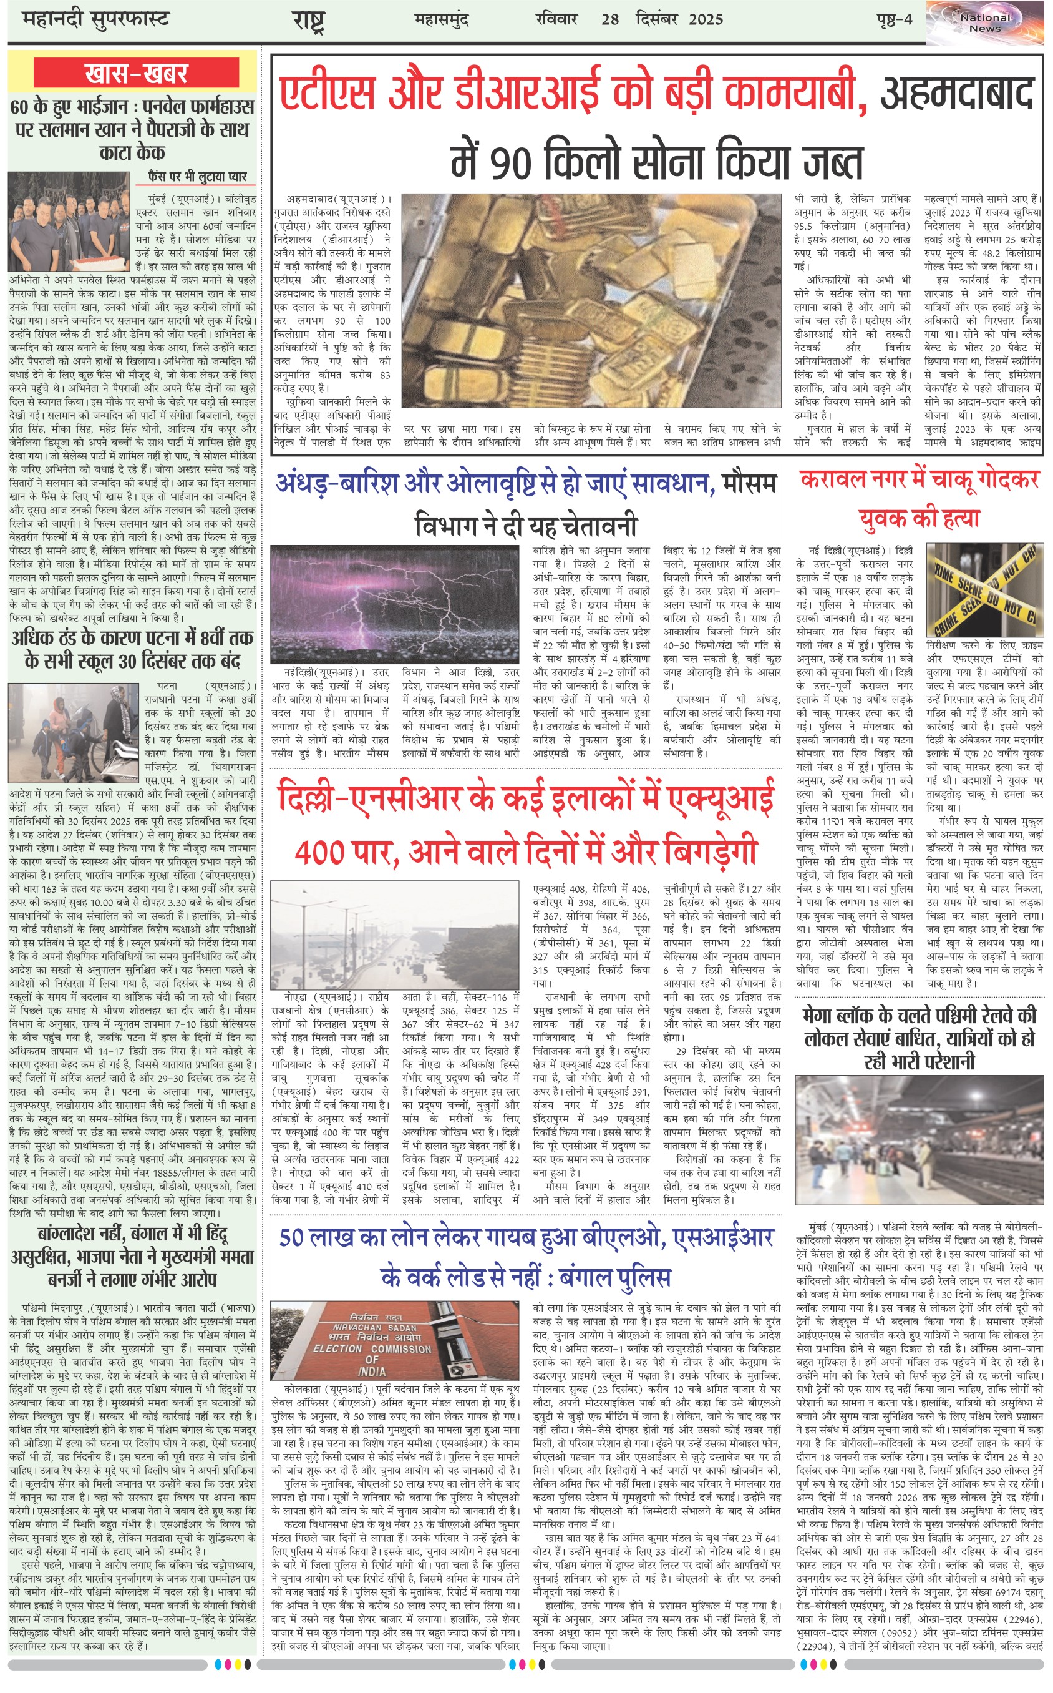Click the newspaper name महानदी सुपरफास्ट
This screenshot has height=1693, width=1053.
tap(95, 19)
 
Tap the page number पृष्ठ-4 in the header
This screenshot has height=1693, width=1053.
tap(894, 19)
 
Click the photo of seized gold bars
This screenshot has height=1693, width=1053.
tap(591, 300)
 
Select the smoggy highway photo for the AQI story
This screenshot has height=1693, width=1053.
tap(394, 935)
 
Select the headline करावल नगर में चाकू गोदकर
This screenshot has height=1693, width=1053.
tap(920, 479)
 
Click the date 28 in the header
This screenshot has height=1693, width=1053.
tap(610, 19)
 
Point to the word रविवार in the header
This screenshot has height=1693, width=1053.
tap(556, 19)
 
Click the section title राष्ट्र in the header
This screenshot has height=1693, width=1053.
tap(308, 21)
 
